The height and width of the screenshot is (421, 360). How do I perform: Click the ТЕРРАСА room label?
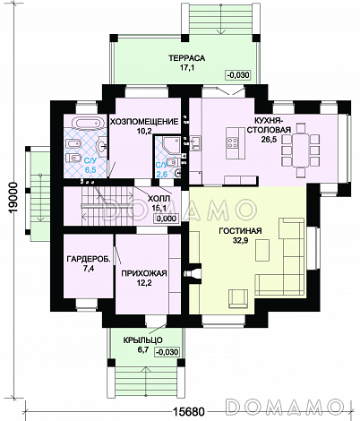click(187, 58)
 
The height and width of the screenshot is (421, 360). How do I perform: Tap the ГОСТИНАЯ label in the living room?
click(240, 231)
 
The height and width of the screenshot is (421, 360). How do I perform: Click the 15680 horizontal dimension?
click(189, 412)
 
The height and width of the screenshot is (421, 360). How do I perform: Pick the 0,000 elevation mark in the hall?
click(166, 219)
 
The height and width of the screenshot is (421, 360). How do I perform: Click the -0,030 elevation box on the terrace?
click(237, 74)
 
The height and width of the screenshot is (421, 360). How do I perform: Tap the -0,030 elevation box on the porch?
click(167, 352)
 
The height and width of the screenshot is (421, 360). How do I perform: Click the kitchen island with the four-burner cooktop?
click(235, 143)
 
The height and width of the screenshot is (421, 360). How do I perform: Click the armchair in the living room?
click(238, 298)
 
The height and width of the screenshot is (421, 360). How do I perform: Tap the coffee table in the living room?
click(262, 251)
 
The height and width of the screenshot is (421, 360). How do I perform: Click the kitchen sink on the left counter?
click(195, 143)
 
